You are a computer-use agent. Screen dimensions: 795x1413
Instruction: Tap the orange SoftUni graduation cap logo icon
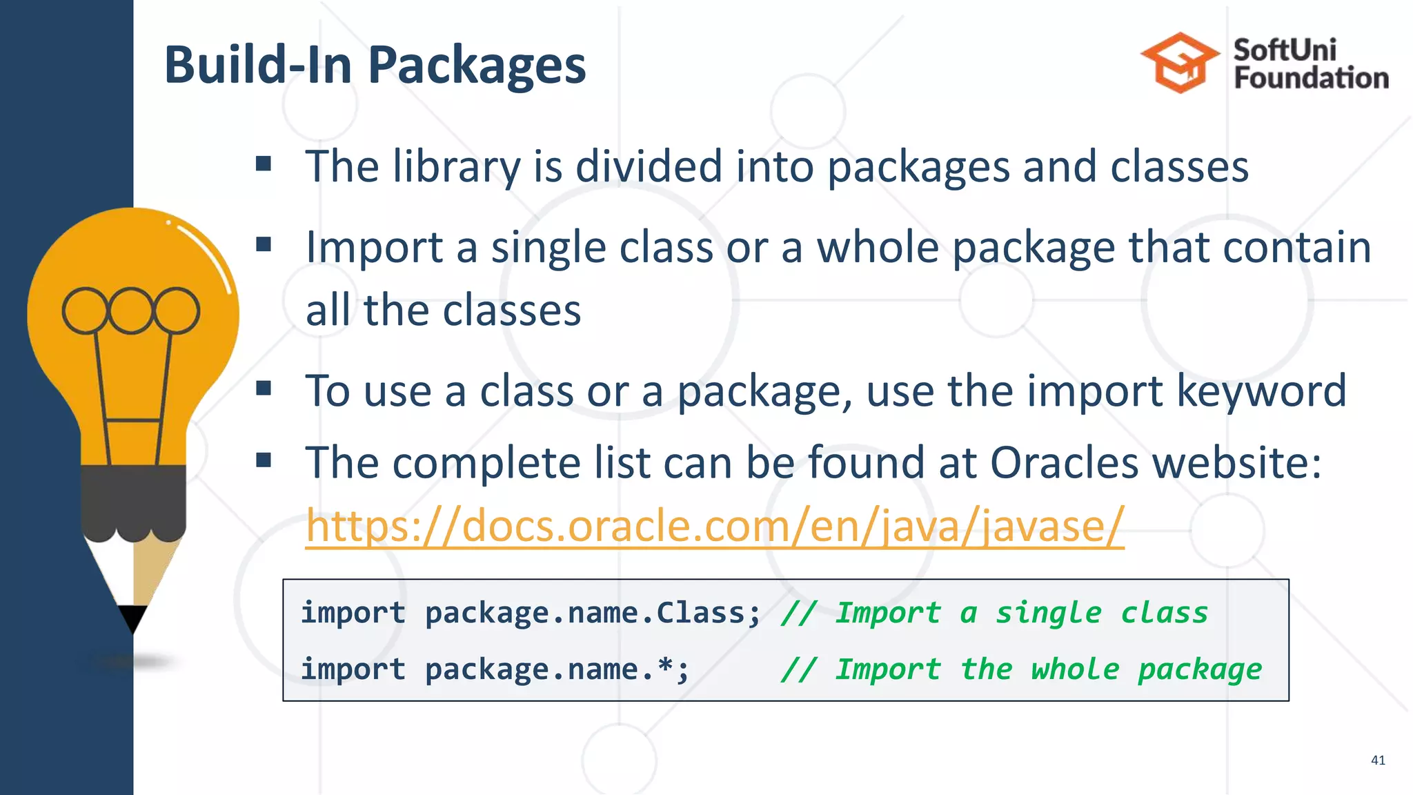(1180, 63)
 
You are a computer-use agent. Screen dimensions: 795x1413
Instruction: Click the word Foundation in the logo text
(1311, 78)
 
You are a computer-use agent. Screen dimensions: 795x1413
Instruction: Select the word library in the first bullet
(457, 167)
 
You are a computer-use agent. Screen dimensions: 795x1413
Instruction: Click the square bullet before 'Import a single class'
(264, 244)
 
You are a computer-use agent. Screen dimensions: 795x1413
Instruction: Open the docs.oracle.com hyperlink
(715, 526)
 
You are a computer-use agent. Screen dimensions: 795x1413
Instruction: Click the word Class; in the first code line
(708, 613)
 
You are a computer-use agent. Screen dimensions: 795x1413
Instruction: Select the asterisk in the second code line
(665, 668)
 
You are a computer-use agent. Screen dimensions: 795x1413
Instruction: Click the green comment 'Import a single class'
(1021, 613)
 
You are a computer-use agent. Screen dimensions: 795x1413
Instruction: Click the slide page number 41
(1377, 760)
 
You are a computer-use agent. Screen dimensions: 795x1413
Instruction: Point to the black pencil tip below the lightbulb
(132, 616)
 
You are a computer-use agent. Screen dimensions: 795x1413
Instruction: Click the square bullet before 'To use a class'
(264, 389)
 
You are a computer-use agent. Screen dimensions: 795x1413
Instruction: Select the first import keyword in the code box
(353, 613)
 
